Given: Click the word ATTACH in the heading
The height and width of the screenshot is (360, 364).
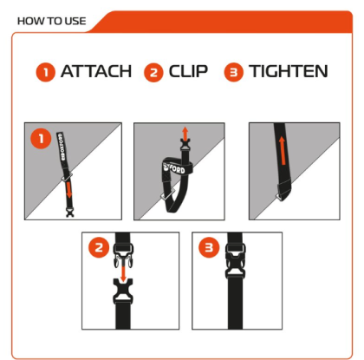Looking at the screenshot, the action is pyautogui.click(x=96, y=71).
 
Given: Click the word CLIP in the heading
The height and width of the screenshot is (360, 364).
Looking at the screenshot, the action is pyautogui.click(x=188, y=71).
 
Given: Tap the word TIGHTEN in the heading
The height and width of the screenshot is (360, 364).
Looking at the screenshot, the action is pyautogui.click(x=289, y=71).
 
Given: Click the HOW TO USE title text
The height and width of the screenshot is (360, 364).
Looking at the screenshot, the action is pyautogui.click(x=52, y=21).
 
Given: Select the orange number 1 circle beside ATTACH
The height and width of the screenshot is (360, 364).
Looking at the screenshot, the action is pyautogui.click(x=45, y=72).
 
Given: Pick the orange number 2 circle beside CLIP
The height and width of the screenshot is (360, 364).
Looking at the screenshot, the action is pyautogui.click(x=153, y=72).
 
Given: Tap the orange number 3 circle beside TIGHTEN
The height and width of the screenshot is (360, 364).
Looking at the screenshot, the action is pyautogui.click(x=234, y=72).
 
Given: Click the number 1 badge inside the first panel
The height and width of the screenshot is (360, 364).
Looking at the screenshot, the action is pyautogui.click(x=41, y=139).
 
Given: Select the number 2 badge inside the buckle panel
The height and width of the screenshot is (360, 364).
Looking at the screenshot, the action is pyautogui.click(x=99, y=247).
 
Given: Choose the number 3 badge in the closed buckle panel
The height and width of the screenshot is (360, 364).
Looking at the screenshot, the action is pyautogui.click(x=209, y=247).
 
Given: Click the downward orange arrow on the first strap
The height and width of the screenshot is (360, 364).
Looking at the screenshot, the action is pyautogui.click(x=68, y=190).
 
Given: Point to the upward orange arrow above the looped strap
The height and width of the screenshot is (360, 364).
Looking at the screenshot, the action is pyautogui.click(x=185, y=134).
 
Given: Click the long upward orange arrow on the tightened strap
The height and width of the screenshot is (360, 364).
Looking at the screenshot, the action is pyautogui.click(x=282, y=151).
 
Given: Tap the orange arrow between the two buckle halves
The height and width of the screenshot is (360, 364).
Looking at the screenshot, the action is pyautogui.click(x=123, y=272).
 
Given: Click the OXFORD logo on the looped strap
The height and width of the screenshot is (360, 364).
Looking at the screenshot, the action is pyautogui.click(x=174, y=168).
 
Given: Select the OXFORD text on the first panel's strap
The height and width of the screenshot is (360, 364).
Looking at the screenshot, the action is pyautogui.click(x=62, y=147).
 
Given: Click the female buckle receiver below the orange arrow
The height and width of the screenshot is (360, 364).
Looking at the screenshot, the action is pyautogui.click(x=123, y=291).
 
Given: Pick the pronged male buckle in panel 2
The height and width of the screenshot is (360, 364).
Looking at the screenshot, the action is pyautogui.click(x=124, y=255).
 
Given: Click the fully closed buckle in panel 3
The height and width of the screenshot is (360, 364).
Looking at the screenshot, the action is pyautogui.click(x=236, y=261).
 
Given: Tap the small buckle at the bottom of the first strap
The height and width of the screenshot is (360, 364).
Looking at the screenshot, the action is pyautogui.click(x=69, y=213).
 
